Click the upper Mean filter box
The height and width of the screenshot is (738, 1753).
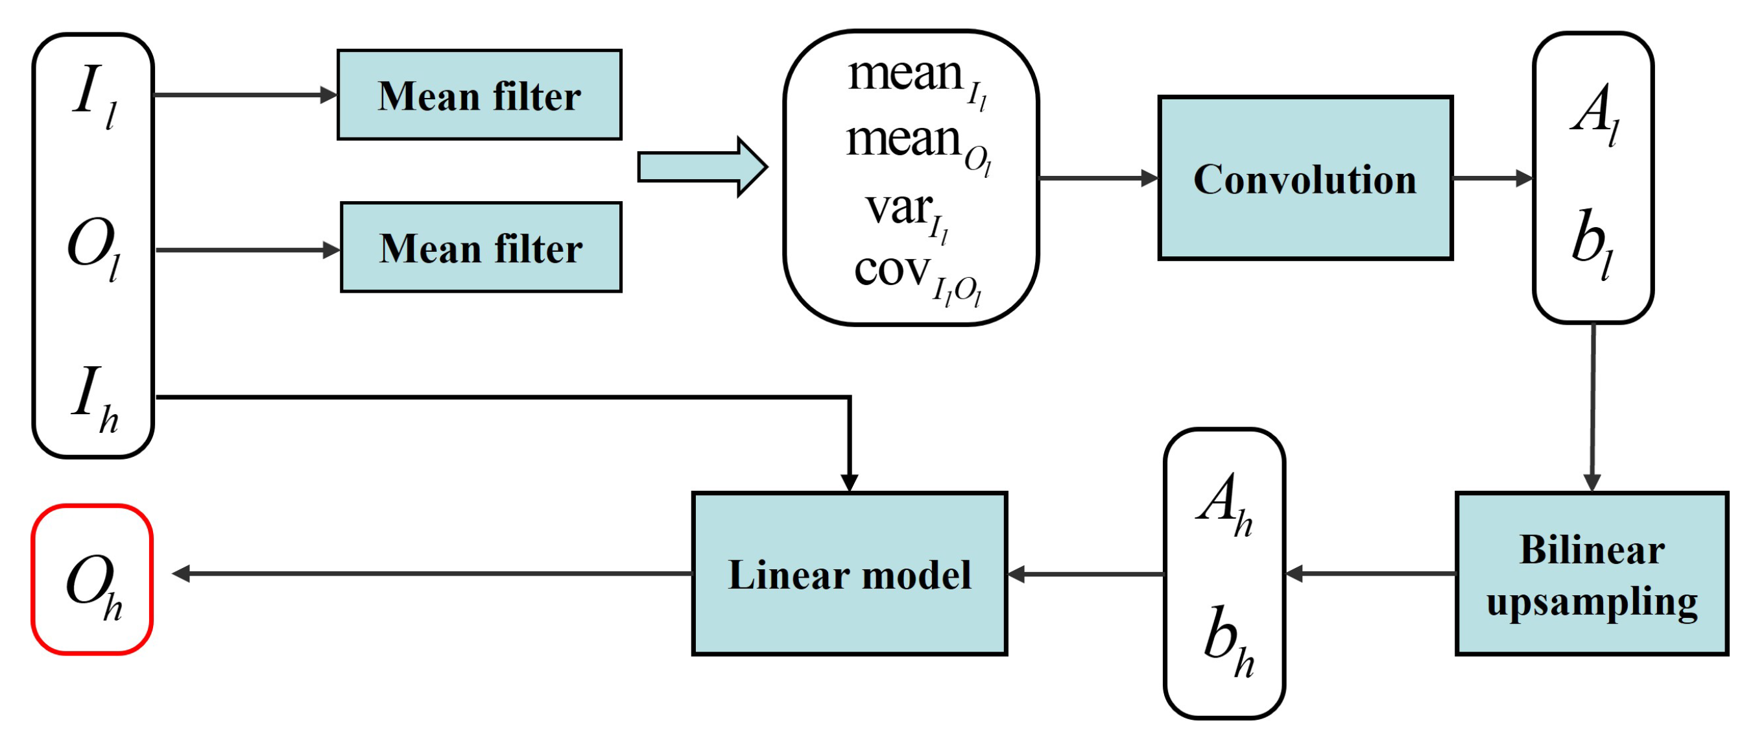pos(479,95)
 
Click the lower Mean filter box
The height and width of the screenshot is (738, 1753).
pos(481,247)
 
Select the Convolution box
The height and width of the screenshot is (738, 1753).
pos(1305,178)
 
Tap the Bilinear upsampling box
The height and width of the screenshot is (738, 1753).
pos(1591,573)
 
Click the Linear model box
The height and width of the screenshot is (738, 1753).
pos(848,573)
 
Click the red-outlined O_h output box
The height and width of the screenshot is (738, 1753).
pos(93,580)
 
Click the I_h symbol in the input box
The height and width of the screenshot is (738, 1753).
pos(94,399)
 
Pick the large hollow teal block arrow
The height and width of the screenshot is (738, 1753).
pos(701,167)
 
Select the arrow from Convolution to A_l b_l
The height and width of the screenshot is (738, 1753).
pos(1492,178)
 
